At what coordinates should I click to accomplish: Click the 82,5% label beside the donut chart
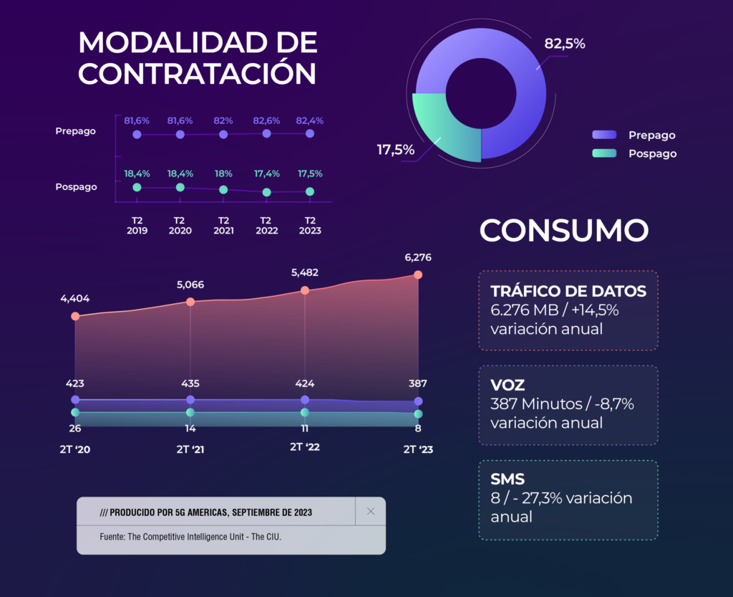[x=565, y=44]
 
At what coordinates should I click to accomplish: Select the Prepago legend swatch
[x=603, y=135]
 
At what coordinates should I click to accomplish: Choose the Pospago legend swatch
[x=603, y=153]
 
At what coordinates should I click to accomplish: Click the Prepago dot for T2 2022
[x=267, y=133]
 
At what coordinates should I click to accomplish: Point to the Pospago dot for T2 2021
[x=223, y=190]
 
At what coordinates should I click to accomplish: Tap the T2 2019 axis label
[x=137, y=225]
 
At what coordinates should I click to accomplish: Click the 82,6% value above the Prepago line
[x=266, y=121]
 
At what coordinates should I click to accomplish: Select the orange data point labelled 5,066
[x=190, y=302]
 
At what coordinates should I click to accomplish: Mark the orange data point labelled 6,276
[x=418, y=274]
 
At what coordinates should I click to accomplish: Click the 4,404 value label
[x=75, y=299]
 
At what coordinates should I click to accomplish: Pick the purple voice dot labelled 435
[x=190, y=399]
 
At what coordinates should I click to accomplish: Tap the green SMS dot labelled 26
[x=75, y=412]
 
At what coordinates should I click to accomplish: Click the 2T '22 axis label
[x=305, y=446]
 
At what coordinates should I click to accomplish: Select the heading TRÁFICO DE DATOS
[x=568, y=291]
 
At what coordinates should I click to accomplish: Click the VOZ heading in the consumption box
[x=508, y=385]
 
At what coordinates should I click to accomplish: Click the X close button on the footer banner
[x=371, y=511]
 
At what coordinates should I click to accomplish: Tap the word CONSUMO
[x=564, y=231]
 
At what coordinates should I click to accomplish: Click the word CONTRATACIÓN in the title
[x=198, y=73]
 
